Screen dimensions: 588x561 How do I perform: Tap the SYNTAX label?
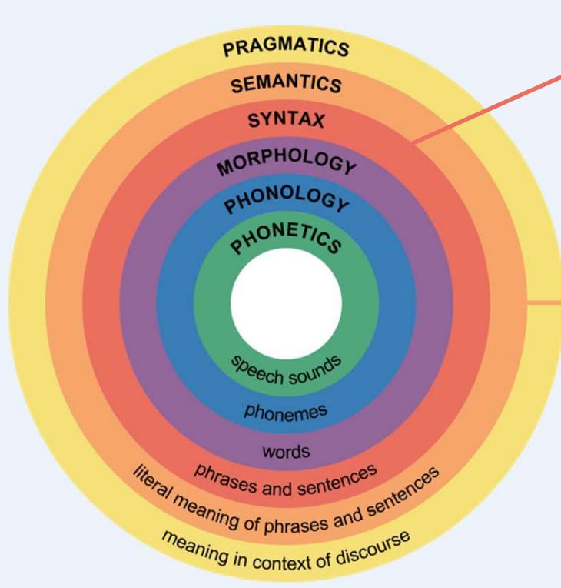pos(286,120)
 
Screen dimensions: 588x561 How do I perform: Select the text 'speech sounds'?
pos(286,373)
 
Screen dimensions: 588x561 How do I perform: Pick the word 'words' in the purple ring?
pos(286,452)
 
